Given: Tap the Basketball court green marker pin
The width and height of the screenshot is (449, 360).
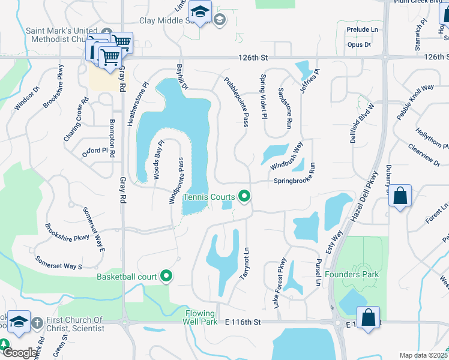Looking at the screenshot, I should pos(166,277).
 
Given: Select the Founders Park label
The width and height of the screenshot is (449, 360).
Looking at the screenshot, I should pos(352,274).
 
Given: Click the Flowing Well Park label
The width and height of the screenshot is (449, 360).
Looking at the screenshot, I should pos(200,317).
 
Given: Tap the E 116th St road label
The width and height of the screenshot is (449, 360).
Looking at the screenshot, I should pos(240,322).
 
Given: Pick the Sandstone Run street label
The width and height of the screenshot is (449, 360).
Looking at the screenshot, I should pos(285,109).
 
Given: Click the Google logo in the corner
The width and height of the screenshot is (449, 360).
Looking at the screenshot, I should pos(19,353).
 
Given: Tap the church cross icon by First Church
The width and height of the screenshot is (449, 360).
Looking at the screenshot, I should pos(36,322).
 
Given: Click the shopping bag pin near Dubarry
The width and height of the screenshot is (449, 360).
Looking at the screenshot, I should pos(400,196).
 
